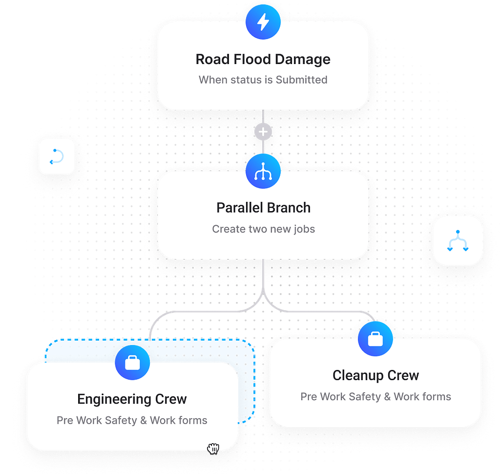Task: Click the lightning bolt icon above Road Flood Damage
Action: [x=263, y=22]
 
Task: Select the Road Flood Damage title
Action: [x=263, y=60]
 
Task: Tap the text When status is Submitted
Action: [x=263, y=80]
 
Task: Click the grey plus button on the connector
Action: [x=263, y=132]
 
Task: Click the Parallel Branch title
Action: [x=263, y=208]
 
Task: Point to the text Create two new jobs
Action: [x=263, y=229]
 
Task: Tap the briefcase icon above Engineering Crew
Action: [x=132, y=363]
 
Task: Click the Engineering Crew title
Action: [x=132, y=399]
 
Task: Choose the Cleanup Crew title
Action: [x=375, y=376]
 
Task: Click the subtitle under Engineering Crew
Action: [x=132, y=421]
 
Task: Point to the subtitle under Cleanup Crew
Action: [x=375, y=397]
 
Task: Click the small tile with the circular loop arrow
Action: [x=57, y=156]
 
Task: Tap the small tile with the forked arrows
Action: [x=458, y=240]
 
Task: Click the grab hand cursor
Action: [x=213, y=448]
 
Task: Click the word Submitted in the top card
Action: [x=301, y=80]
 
